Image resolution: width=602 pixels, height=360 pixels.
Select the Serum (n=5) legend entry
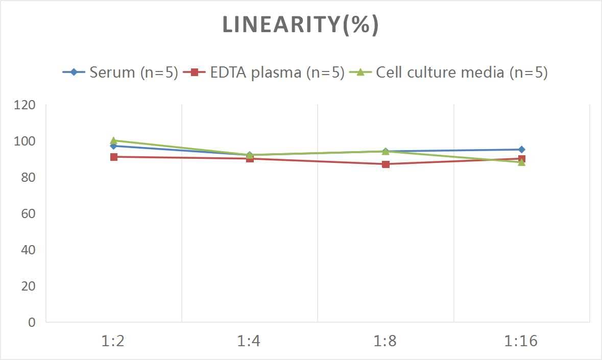point(121,73)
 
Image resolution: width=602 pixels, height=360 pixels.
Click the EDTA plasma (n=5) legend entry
point(264,73)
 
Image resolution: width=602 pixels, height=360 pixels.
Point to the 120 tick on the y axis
point(25,105)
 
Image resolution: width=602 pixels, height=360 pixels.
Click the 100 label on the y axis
point(25,141)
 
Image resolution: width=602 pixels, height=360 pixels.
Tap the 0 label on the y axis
point(32,322)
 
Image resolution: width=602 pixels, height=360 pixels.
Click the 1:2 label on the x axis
point(113,341)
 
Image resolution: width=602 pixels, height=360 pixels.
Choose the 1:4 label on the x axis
point(249,341)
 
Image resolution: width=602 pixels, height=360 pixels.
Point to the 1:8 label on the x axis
point(386,341)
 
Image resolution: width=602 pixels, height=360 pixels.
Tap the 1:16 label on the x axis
point(521,341)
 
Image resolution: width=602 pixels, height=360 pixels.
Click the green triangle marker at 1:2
point(114,140)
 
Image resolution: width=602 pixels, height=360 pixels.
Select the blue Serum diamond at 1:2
point(114,146)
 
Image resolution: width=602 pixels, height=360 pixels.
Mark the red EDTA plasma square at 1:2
point(114,157)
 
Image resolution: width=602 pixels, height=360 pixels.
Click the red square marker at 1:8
point(386,164)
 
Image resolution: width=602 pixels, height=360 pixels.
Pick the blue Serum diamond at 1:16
point(522,150)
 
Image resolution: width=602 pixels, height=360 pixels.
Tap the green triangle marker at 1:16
point(522,162)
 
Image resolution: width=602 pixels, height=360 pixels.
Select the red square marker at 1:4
point(250,159)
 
